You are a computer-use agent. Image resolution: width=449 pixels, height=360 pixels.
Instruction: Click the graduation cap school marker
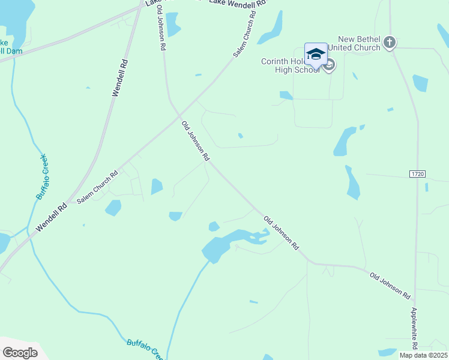coord(316,54)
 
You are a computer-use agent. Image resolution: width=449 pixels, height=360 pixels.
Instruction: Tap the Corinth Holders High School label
coord(291,65)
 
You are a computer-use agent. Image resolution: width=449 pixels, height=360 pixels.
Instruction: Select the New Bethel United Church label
coord(359,43)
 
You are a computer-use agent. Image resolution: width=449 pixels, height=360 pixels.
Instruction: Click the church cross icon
coord(390,42)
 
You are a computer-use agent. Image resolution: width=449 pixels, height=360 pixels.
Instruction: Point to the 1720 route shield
coord(418,174)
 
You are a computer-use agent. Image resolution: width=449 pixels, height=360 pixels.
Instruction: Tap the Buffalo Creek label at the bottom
coord(145,349)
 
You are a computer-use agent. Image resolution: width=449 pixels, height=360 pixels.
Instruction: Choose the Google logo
coord(20,353)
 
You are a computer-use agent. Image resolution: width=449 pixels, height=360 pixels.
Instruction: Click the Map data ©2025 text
coord(423,355)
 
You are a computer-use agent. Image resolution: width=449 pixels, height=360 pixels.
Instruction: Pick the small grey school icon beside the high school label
coord(329,65)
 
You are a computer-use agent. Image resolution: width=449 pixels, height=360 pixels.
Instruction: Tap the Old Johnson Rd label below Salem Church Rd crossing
coord(195,140)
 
